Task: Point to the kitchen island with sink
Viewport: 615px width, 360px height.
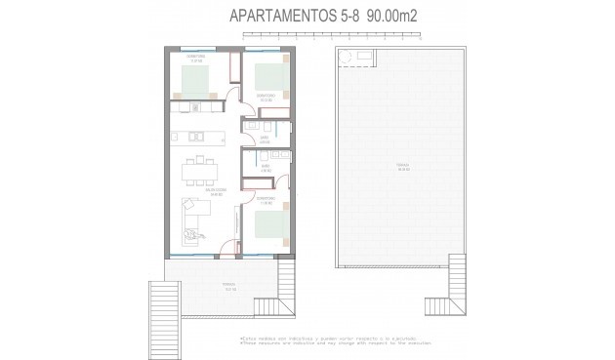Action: tap(196, 134)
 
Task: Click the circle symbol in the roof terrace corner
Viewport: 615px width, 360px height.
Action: tap(345, 60)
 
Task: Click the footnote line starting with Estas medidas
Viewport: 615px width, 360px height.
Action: tap(307, 339)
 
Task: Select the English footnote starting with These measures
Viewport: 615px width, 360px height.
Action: tap(307, 344)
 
